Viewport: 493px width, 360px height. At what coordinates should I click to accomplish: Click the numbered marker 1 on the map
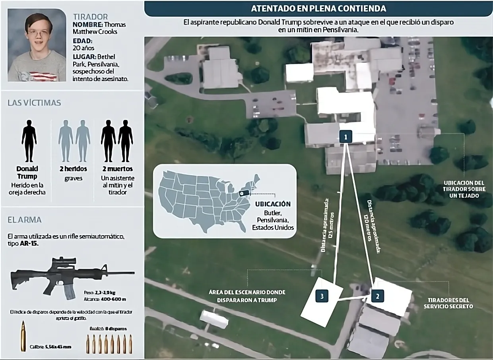coord(346,137)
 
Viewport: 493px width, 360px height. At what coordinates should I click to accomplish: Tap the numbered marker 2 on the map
coord(377,295)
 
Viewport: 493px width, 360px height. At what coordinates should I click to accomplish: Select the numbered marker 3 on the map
coord(322,296)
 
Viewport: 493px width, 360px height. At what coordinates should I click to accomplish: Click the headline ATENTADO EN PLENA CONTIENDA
coord(318,8)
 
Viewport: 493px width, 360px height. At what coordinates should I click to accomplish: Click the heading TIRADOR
coord(91,17)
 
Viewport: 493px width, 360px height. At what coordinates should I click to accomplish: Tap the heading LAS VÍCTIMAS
coord(34,103)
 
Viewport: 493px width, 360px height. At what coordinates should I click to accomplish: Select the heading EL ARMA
coord(25,219)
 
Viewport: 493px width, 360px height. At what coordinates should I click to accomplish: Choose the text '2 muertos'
coord(117,168)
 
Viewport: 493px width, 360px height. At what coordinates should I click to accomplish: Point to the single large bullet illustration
coord(23,336)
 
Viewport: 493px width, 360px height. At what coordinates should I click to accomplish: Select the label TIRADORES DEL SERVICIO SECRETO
coord(448,303)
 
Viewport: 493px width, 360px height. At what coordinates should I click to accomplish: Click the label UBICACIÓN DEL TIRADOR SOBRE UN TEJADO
coord(464,189)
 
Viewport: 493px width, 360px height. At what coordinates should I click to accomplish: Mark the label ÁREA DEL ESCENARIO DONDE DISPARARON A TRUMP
coord(247,296)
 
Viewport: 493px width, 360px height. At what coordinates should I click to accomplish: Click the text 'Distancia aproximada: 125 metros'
coord(325,225)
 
